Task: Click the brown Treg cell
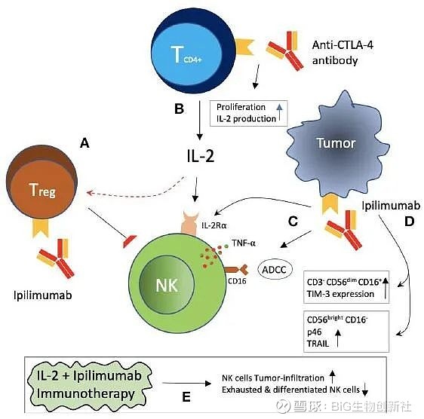[42, 182]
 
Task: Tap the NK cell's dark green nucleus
[167, 284]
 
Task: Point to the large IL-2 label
[201, 156]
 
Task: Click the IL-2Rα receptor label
[214, 225]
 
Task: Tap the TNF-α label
[244, 243]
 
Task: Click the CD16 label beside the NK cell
[237, 281]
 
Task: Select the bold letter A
[84, 142]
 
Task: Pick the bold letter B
[179, 109]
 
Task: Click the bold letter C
[293, 222]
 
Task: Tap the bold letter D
[410, 222]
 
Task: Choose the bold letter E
[186, 397]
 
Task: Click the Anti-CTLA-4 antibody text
[343, 53]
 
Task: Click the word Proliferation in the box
[241, 107]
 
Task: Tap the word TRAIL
[318, 344]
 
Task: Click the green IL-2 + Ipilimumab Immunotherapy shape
[89, 386]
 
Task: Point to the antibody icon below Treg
[55, 258]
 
